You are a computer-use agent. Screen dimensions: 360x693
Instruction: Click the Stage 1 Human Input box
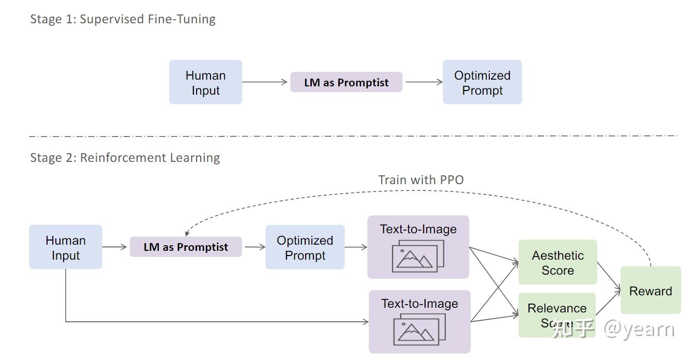pyautogui.click(x=205, y=82)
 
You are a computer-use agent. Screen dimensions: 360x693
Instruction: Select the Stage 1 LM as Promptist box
pyautogui.click(x=346, y=82)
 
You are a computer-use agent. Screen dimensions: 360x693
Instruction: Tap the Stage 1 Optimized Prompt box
pyautogui.click(x=482, y=82)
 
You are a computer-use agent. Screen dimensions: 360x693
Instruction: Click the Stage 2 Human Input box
pyautogui.click(x=65, y=247)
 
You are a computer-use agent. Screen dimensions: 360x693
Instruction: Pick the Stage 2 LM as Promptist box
pyautogui.click(x=186, y=247)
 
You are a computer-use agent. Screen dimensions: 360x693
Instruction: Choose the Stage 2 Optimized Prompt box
pyautogui.click(x=305, y=247)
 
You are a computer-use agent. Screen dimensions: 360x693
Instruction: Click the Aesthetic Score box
pyautogui.click(x=558, y=262)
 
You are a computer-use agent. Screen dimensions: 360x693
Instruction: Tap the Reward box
pyautogui.click(x=650, y=291)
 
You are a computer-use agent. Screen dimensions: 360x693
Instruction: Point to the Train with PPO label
pyautogui.click(x=421, y=180)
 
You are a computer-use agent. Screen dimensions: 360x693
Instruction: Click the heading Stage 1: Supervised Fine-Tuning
pyautogui.click(x=123, y=19)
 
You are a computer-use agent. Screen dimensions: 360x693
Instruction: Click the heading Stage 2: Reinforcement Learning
pyautogui.click(x=125, y=158)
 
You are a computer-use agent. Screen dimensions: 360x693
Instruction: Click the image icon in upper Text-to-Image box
pyautogui.click(x=418, y=257)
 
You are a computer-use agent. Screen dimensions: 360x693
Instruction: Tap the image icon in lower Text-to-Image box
pyautogui.click(x=419, y=331)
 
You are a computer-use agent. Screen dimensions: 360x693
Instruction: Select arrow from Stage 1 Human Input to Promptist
pyautogui.click(x=265, y=82)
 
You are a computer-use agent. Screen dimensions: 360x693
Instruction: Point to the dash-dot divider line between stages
pyautogui.click(x=352, y=136)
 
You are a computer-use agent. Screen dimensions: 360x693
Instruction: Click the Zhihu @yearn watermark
pyautogui.click(x=613, y=329)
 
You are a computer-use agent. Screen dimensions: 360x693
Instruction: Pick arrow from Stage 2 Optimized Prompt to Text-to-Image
pyautogui.click(x=356, y=247)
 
